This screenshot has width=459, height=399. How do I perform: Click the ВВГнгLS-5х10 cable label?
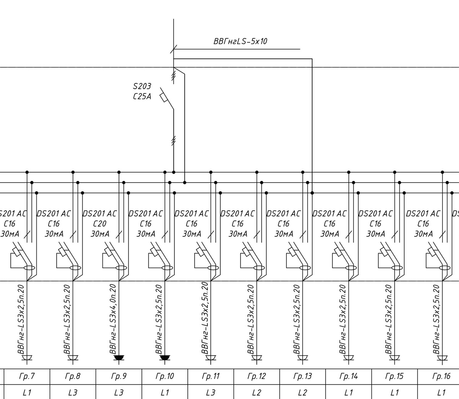point(240,41)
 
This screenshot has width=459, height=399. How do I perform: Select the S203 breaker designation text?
point(142,86)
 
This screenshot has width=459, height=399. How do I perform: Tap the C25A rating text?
point(142,96)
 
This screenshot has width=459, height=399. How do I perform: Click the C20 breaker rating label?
point(100,223)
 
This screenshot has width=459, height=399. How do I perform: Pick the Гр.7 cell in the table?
point(27,376)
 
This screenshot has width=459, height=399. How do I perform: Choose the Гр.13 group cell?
point(303,376)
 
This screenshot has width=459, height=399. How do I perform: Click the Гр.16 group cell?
point(441,376)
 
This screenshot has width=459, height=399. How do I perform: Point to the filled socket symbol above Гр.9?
point(119,358)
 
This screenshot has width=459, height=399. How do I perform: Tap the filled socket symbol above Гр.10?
point(165,358)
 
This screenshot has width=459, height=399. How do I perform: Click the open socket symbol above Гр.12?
point(257,358)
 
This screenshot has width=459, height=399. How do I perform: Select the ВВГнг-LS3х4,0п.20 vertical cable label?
point(113,319)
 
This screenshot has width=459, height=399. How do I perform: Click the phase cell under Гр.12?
point(257,392)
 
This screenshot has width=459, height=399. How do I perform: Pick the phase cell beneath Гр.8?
point(73,392)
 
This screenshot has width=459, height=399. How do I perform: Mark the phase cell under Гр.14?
point(348,392)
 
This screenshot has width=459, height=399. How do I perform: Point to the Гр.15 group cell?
point(394,376)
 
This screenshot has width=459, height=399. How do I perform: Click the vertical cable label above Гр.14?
point(342,319)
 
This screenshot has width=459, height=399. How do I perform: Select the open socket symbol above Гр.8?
point(73,358)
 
